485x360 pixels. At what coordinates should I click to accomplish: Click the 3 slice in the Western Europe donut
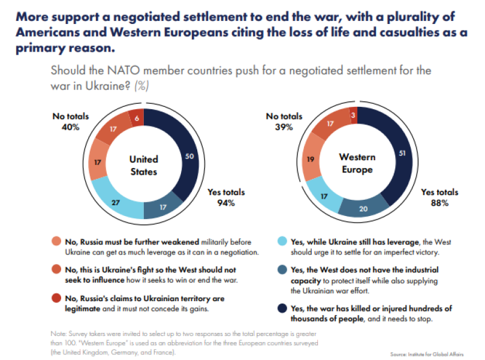click(354, 115)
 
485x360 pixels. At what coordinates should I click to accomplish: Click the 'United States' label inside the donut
click(144, 165)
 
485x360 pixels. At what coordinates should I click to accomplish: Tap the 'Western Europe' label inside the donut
click(357, 163)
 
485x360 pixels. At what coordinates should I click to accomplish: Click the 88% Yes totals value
click(439, 203)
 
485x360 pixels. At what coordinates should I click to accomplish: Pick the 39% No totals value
click(279, 127)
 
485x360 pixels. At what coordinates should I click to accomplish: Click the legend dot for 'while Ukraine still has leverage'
click(281, 241)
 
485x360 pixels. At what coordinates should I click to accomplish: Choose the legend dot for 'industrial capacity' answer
click(281, 270)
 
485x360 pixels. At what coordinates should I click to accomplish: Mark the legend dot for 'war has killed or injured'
click(281, 309)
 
